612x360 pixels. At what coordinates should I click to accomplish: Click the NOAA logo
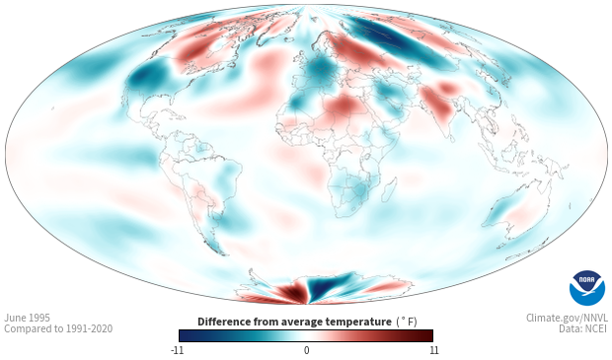pos(587,288)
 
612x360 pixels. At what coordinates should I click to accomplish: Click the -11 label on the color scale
pos(178,350)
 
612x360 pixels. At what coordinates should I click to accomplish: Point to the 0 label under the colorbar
pos(306,350)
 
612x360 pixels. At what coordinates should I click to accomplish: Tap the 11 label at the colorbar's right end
pos(434,350)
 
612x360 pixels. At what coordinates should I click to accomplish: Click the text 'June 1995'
pos(28,318)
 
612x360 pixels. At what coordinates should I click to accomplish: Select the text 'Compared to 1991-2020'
pos(58,328)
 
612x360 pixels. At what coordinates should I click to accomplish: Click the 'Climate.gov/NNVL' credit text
pos(568,318)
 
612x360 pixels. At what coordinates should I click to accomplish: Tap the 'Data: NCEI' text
pos(583,328)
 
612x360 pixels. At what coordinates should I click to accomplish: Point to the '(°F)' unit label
pos(407,323)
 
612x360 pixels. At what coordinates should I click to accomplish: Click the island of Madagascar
pos(389,189)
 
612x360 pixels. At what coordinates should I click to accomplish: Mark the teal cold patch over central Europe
pos(323,70)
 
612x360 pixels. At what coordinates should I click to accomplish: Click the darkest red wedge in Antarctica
pos(291,292)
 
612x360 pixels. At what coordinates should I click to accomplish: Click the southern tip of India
pos(450,137)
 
